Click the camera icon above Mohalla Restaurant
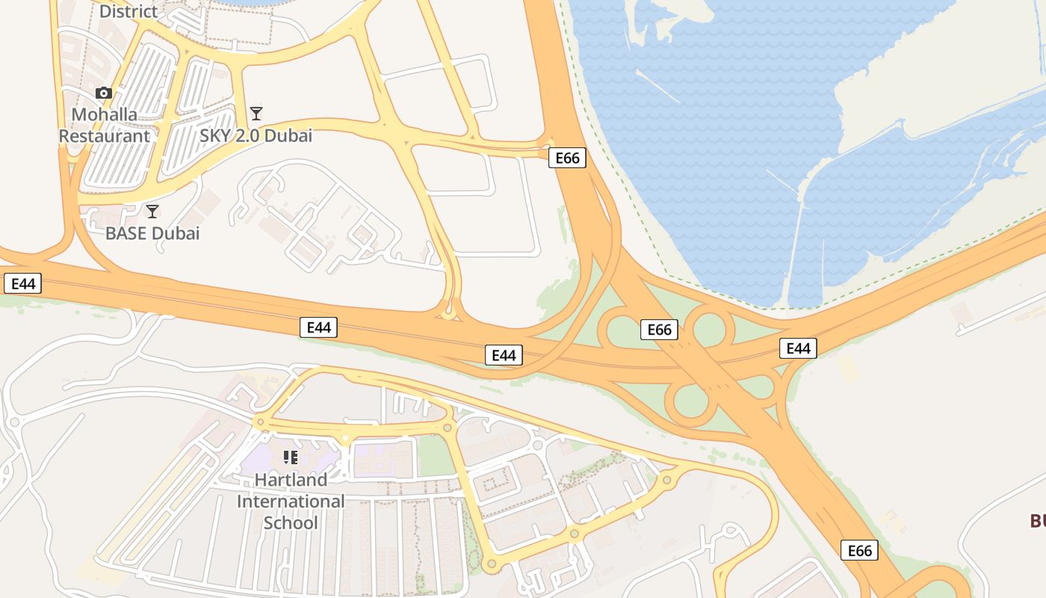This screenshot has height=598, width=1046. click(104, 93)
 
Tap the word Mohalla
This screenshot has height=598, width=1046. click(105, 114)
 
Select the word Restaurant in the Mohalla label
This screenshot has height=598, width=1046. click(105, 136)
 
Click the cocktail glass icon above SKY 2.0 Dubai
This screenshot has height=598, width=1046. click(256, 114)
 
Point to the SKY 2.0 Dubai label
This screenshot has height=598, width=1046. click(256, 136)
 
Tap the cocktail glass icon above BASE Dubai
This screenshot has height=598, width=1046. click(152, 211)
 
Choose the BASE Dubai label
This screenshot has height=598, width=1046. click(152, 233)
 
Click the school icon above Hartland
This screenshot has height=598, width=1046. click(291, 457)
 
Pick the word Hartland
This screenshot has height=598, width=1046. click(291, 479)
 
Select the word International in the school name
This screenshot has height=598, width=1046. click(291, 501)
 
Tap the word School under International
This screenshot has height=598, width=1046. click(291, 523)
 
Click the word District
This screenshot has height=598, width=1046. click(129, 11)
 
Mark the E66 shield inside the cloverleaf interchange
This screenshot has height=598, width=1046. click(659, 330)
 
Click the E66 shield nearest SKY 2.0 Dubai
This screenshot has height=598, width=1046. click(567, 158)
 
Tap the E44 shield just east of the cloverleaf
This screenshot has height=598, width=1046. click(798, 348)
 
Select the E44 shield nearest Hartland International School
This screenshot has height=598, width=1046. click(318, 327)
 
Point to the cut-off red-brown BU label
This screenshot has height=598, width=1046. click(1038, 521)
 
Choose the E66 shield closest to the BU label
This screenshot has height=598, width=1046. click(859, 551)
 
